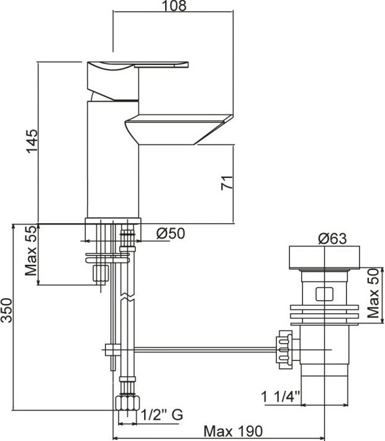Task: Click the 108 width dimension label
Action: pos(174,6)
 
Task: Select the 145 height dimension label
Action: pos(32,141)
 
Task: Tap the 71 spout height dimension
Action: pos(227,182)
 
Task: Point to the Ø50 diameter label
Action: pos(171,233)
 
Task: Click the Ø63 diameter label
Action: pos(332,239)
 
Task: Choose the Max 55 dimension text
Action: pos(31,251)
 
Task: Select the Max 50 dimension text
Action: pos(374,293)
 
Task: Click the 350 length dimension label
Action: pos(6,310)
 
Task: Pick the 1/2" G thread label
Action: pos(162,414)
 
